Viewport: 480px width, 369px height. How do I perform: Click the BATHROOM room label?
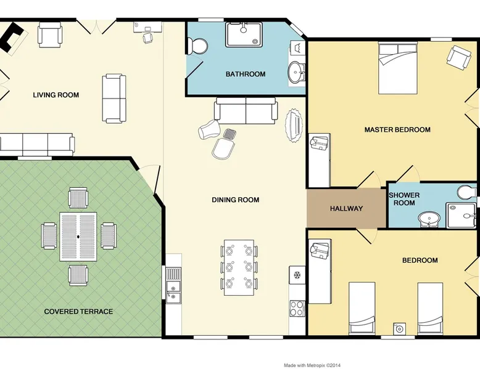tap(246, 74)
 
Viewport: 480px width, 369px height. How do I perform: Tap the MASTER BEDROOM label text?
tap(397, 129)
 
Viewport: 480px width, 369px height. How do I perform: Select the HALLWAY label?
tap(346, 208)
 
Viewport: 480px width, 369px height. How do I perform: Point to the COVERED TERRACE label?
tap(78, 312)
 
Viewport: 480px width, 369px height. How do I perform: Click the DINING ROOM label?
tap(236, 200)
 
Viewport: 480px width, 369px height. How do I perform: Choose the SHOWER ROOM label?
tap(404, 199)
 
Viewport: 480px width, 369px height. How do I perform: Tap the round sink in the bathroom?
tap(296, 73)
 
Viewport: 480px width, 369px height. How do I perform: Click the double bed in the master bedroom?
tap(398, 68)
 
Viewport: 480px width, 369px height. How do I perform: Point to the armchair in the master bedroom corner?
tap(458, 57)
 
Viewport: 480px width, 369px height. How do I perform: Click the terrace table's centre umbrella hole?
tap(78, 237)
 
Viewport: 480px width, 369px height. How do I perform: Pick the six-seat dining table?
tap(239, 267)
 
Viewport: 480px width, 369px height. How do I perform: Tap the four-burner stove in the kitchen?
tap(297, 309)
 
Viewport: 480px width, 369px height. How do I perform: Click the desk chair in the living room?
tap(148, 37)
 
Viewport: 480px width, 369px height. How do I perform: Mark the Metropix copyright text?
tap(312, 365)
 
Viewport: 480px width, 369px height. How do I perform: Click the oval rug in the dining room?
tap(294, 126)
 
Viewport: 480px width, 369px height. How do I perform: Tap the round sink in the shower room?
tap(429, 219)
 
